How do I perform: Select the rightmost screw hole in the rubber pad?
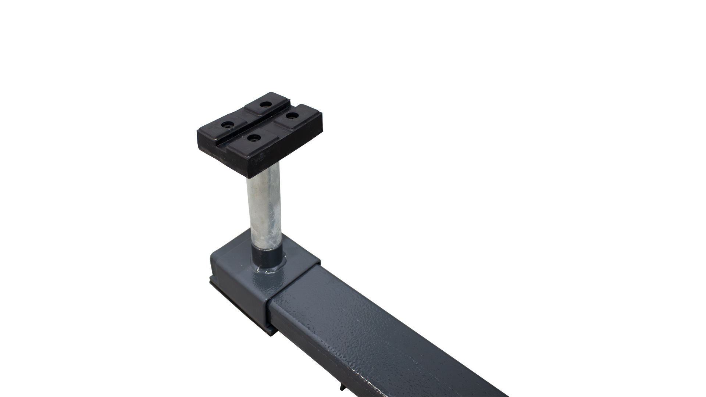coord(291,116)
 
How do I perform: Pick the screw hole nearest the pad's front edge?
coord(253,138)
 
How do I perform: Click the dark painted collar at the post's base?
coord(266,253)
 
